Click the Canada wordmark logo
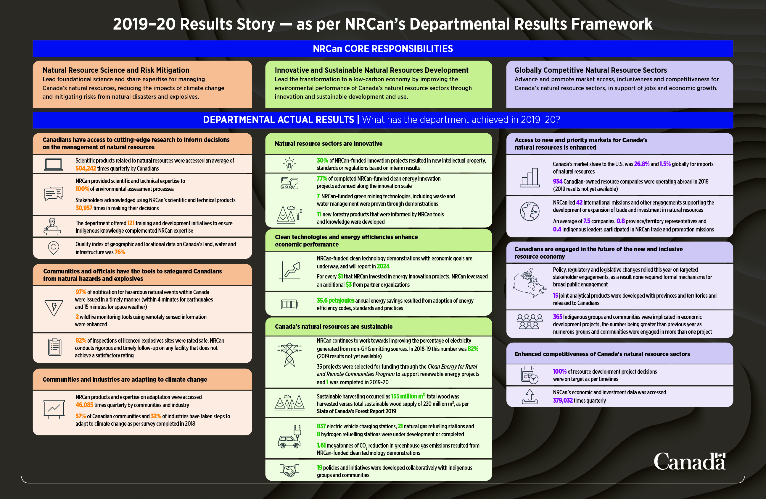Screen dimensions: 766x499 [690, 461]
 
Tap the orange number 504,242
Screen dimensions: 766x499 [86, 169]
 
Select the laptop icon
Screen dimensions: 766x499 [54, 165]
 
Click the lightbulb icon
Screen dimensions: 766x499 [289, 164]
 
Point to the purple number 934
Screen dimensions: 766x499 [557, 181]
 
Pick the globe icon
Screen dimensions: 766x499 [530, 211]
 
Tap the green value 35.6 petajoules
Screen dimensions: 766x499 [335, 301]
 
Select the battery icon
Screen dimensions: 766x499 [289, 304]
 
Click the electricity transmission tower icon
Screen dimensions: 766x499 [289, 355]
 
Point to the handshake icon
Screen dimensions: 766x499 [289, 470]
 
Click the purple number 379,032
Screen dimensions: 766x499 [563, 400]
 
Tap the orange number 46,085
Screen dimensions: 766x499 [84, 405]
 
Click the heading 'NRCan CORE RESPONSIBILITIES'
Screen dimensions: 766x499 [383, 48]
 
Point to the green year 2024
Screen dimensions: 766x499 [383, 266]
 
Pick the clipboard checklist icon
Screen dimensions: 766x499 [54, 347]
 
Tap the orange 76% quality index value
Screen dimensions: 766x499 [120, 252]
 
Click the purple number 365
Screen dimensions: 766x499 [557, 317]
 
